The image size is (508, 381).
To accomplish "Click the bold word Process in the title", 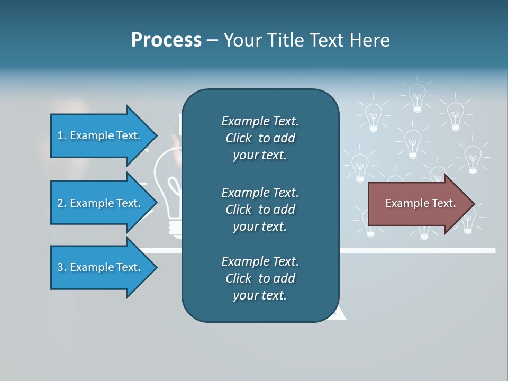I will pyautogui.click(x=166, y=40).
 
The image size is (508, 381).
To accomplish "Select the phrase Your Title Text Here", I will pyautogui.click(x=306, y=40).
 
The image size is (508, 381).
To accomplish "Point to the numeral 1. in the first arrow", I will pyautogui.click(x=62, y=135).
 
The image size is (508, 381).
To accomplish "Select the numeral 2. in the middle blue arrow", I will pyautogui.click(x=62, y=203).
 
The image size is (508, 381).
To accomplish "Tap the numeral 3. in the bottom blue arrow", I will pyautogui.click(x=62, y=267).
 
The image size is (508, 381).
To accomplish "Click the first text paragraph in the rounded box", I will pyautogui.click(x=260, y=138).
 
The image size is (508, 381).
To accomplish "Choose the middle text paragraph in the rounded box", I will pyautogui.click(x=260, y=210).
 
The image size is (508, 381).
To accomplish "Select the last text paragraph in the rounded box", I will pyautogui.click(x=260, y=278).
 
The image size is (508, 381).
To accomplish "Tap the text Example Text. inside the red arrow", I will pyautogui.click(x=421, y=203).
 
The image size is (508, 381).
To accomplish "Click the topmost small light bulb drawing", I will pyautogui.click(x=418, y=97).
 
